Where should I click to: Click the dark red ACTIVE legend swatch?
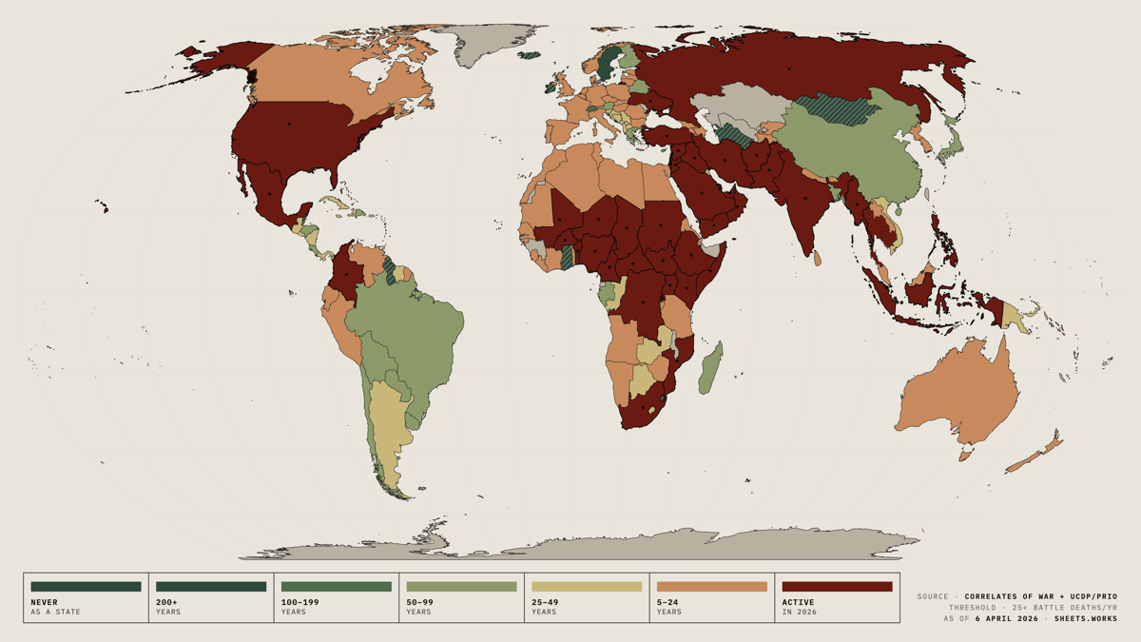point(837,587)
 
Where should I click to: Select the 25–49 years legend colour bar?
point(587,587)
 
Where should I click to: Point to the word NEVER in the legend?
point(44,602)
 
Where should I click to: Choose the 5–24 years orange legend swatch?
point(711,587)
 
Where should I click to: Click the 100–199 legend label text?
point(300,602)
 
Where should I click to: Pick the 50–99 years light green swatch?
point(461,587)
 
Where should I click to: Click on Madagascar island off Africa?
point(711,368)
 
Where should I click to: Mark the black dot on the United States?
point(291,124)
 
